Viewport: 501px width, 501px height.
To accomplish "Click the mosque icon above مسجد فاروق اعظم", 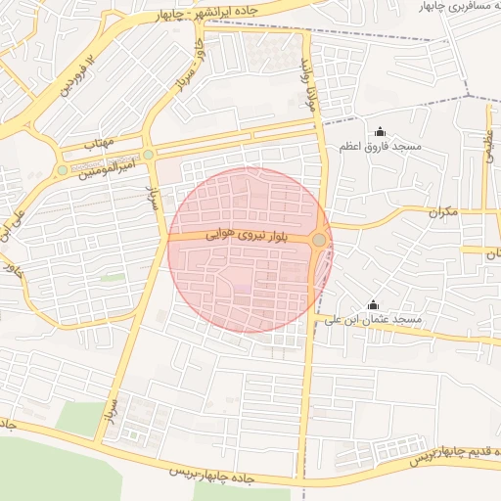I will pos(380,132).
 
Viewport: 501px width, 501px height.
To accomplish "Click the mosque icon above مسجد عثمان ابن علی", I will pos(372,304).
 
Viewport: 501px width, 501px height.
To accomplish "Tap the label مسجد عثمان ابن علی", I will pos(372,320).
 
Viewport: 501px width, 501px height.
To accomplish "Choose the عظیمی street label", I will pos(488,148).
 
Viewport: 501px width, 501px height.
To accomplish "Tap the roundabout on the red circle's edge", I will pos(319,240).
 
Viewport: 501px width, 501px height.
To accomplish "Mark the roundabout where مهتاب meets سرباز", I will pos(149,155).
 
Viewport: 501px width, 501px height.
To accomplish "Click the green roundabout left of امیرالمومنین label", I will pos(63,170).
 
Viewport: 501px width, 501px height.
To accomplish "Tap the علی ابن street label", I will pos(13,220).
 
